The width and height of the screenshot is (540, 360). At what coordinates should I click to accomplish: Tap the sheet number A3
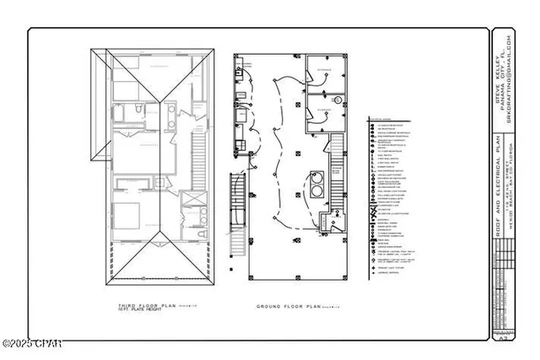tap(504, 336)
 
